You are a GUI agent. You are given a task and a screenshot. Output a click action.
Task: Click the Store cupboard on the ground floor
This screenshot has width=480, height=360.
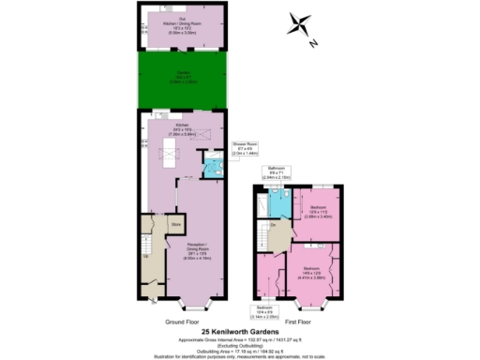tap(174, 225)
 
